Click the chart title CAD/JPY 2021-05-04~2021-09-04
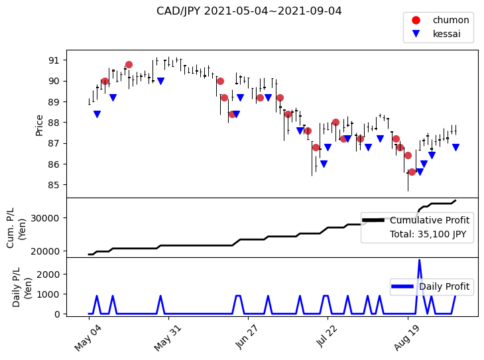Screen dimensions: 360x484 (x=249, y=11)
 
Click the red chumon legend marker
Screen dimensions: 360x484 (x=416, y=20)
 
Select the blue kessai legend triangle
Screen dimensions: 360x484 (x=416, y=34)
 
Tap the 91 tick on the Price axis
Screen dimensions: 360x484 (x=54, y=60)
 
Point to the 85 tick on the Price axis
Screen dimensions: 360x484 (x=54, y=185)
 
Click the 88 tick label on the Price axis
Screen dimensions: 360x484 (x=54, y=123)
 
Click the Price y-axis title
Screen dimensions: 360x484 (x=40, y=125)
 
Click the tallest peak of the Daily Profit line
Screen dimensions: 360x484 (x=419, y=261)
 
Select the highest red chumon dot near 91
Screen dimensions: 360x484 (x=129, y=65)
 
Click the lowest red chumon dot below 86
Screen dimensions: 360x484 (x=412, y=172)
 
